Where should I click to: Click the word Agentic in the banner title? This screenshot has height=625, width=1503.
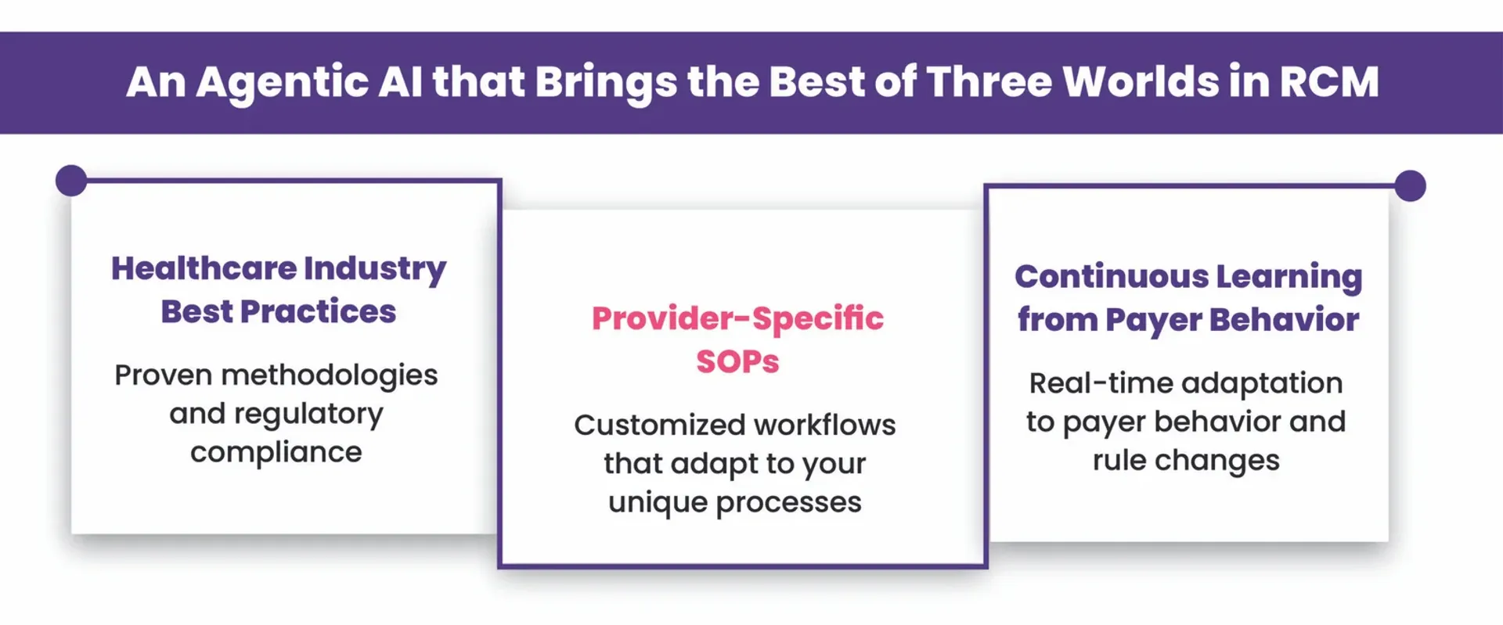click(x=283, y=82)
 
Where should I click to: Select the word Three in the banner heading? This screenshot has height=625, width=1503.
click(x=989, y=81)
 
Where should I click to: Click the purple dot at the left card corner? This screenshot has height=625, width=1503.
click(x=71, y=181)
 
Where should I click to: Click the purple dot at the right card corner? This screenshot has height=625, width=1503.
click(x=1410, y=186)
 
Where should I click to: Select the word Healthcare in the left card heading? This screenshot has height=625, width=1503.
click(x=203, y=268)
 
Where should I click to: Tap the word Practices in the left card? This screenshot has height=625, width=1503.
click(x=318, y=311)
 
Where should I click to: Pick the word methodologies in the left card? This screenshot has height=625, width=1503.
click(x=330, y=375)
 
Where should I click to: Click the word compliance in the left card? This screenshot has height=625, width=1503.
click(x=276, y=452)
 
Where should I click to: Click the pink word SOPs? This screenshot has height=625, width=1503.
click(x=737, y=361)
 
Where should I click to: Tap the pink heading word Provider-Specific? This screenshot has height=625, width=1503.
click(x=737, y=318)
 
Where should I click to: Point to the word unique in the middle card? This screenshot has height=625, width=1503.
click(x=657, y=502)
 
